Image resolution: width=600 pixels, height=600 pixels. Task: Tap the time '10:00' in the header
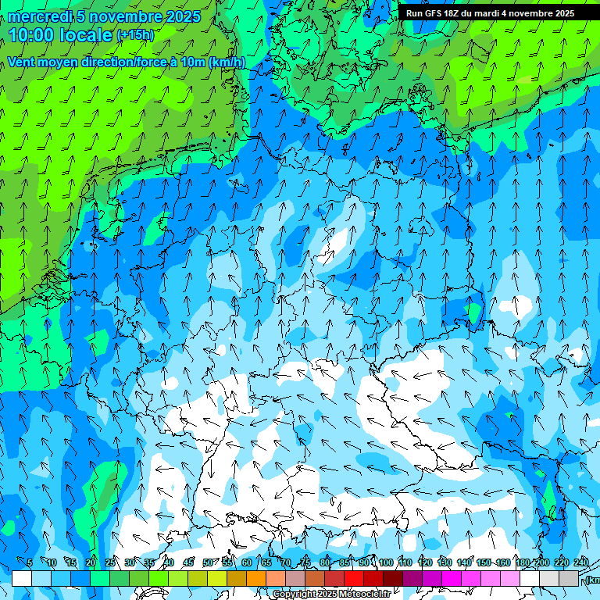pos(33,34)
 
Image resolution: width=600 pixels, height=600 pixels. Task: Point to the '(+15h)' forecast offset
pos(135,35)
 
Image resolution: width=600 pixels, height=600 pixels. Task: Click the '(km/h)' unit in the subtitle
pos(227,62)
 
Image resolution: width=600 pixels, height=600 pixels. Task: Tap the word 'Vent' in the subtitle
pos(22,62)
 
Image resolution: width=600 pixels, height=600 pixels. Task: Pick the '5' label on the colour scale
pos(29,562)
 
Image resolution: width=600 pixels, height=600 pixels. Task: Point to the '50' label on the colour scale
pos(208,562)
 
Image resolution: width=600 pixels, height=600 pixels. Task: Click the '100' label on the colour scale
pos(386,562)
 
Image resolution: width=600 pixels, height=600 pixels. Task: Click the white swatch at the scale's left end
pos(22,578)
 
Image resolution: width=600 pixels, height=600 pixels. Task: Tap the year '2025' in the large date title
pos(179,16)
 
